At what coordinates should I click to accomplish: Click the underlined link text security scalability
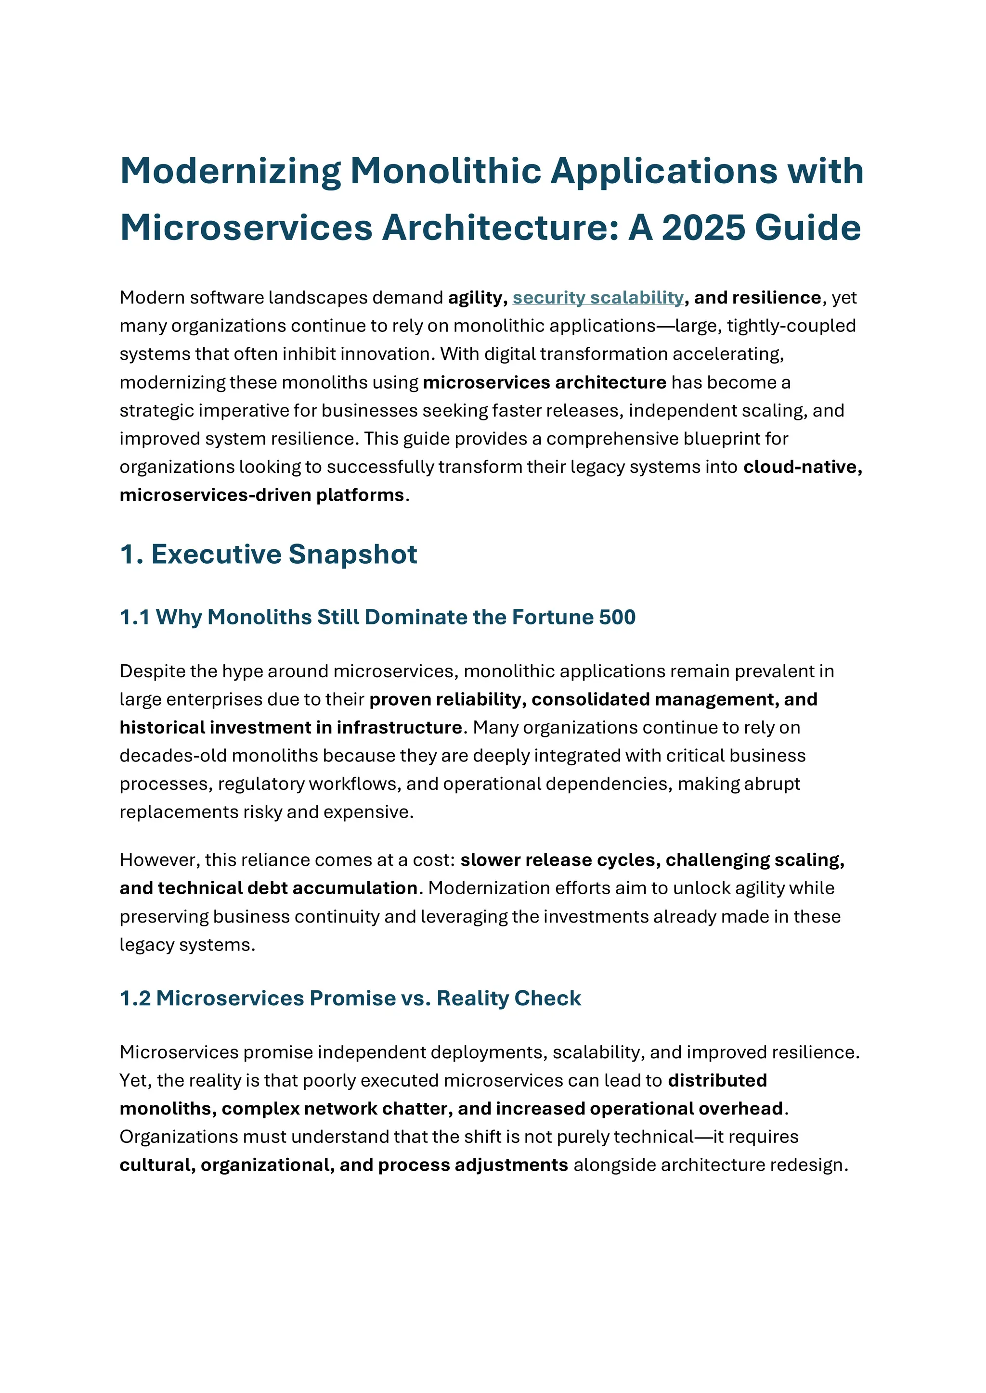pyautogui.click(x=597, y=298)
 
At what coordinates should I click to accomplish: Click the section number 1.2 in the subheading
pyautogui.click(x=135, y=998)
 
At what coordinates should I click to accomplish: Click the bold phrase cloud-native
pyautogui.click(x=802, y=467)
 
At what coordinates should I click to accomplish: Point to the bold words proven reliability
pyautogui.click(x=446, y=699)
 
